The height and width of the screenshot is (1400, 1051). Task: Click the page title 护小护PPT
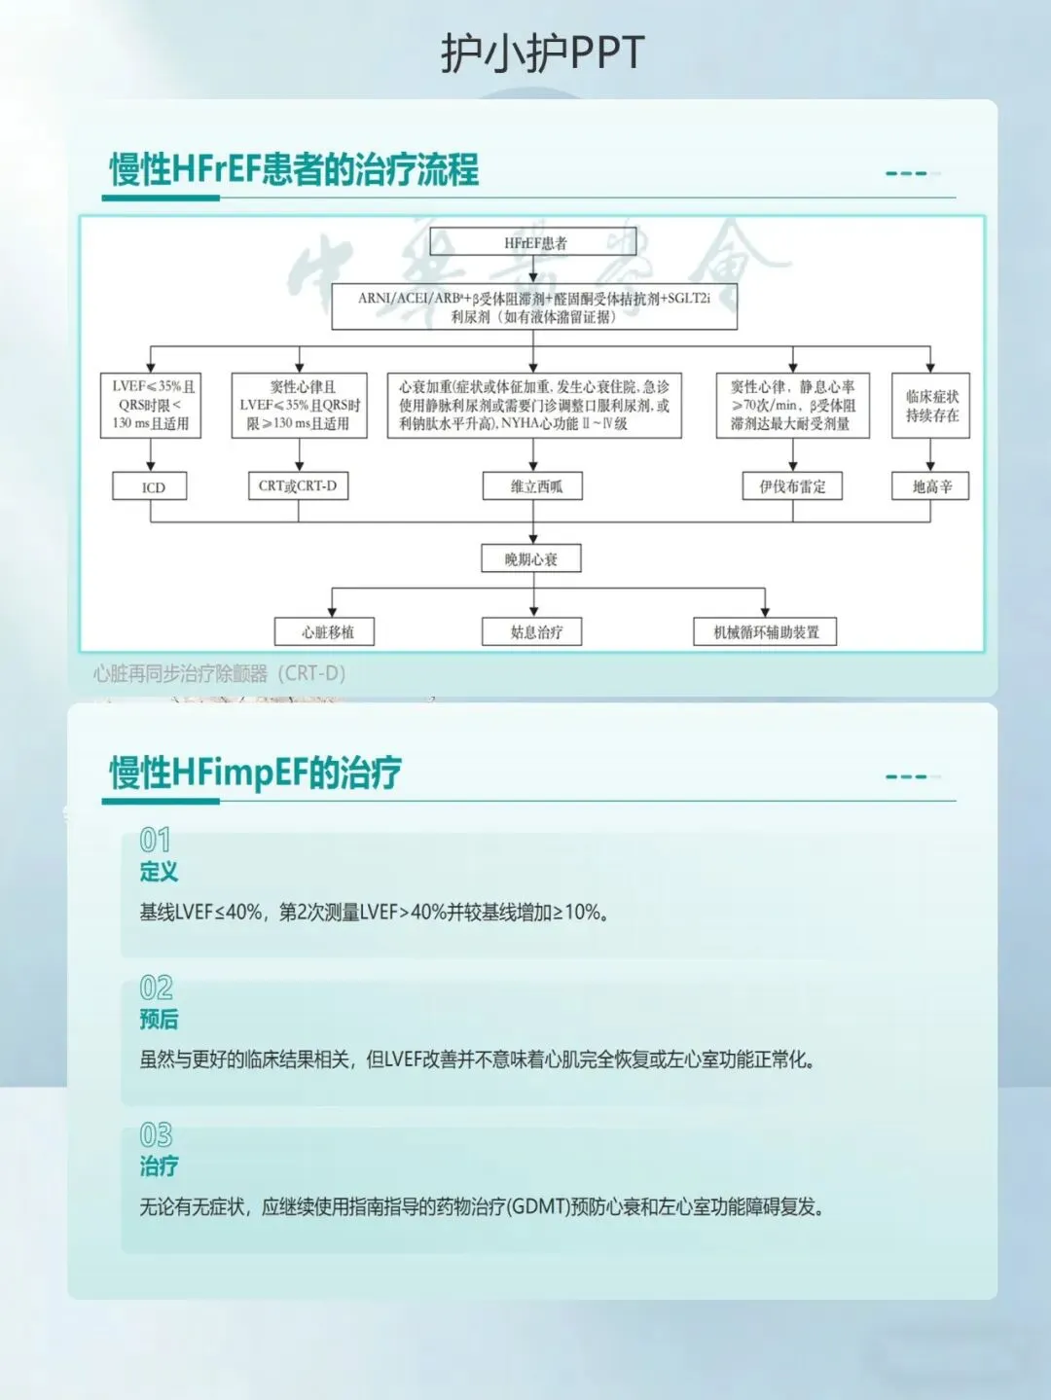click(x=542, y=54)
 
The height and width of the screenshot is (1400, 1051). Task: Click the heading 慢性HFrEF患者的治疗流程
click(x=294, y=169)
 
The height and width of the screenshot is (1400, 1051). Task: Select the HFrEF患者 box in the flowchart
click(x=533, y=242)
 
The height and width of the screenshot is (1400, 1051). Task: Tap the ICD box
click(x=150, y=486)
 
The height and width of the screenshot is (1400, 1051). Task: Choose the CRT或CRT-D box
click(x=298, y=485)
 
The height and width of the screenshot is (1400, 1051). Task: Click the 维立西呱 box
click(x=533, y=486)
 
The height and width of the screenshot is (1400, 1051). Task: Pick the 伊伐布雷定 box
click(x=792, y=486)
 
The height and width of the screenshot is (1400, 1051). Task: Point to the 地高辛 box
click(x=930, y=486)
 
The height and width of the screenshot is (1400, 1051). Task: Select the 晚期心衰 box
click(x=532, y=558)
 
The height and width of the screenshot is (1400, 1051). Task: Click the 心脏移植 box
click(x=326, y=631)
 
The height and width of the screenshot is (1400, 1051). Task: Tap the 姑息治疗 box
click(x=533, y=631)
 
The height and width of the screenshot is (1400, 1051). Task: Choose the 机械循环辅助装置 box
click(x=765, y=631)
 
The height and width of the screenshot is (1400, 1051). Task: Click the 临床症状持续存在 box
click(x=931, y=406)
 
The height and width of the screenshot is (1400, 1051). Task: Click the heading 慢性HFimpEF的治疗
click(x=255, y=772)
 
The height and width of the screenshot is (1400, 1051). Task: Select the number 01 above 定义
click(x=155, y=839)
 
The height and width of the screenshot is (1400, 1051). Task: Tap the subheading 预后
click(x=159, y=1019)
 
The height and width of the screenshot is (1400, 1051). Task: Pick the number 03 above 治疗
click(x=156, y=1134)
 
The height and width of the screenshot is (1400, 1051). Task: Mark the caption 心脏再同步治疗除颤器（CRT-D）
click(x=220, y=673)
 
